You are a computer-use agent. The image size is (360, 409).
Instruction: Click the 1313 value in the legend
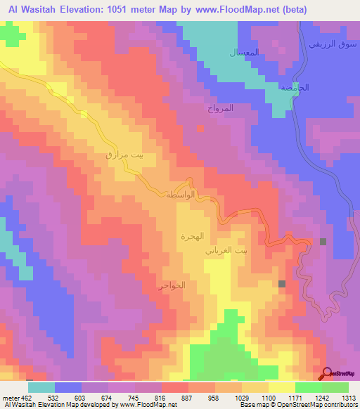coord(349,398)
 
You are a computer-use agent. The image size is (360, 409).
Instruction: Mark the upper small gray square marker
coord(323,242)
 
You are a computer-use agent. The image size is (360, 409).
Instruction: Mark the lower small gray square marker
coord(282,284)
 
